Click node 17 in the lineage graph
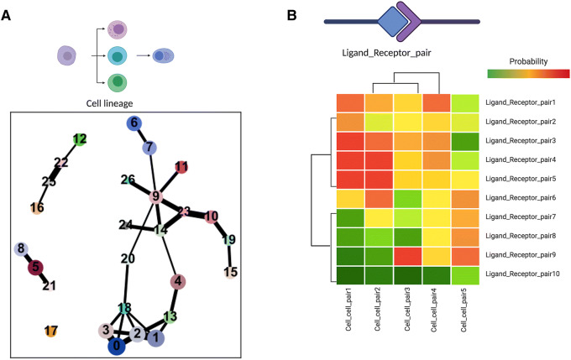51,331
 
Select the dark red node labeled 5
35,268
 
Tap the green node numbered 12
80,139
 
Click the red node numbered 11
181,167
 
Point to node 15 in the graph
231,272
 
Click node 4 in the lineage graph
177,280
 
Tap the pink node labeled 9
155,197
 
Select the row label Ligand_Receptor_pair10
524,274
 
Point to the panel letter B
292,15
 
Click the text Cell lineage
118,100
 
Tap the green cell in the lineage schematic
119,82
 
